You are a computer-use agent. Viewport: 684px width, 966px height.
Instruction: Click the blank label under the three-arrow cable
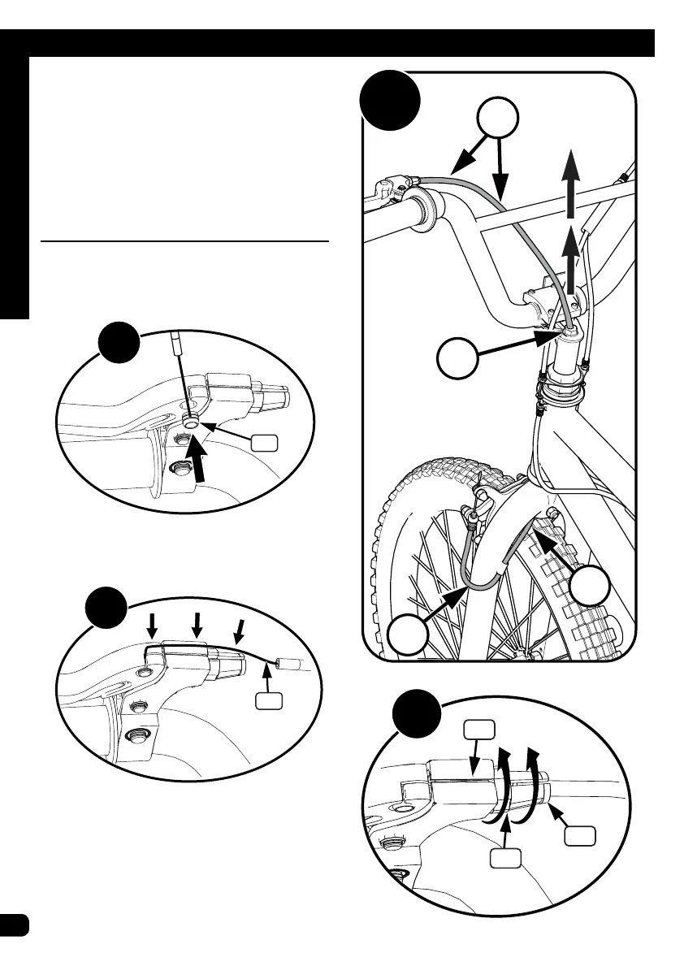coord(268,700)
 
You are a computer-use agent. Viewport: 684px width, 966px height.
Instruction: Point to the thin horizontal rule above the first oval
coord(185,241)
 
